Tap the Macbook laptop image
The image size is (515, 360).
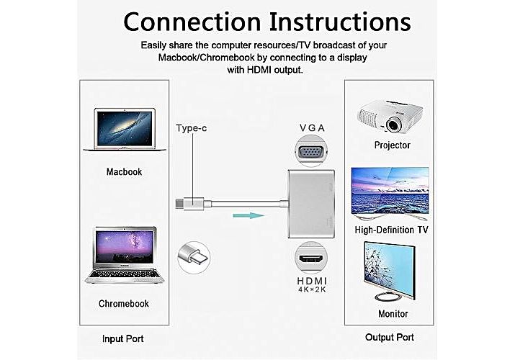pos(124,130)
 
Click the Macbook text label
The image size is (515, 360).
pos(124,172)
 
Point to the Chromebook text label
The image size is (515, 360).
pos(124,303)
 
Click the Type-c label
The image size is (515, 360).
pos(192,128)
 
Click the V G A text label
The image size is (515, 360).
pos(312,128)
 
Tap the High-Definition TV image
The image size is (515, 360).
pos(389,193)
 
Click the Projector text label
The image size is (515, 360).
pos(393,145)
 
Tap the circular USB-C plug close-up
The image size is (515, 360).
pos(192,255)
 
